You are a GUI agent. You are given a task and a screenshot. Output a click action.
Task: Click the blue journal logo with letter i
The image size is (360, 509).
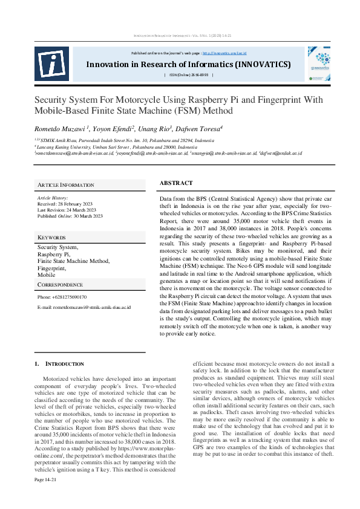click(x=51, y=63)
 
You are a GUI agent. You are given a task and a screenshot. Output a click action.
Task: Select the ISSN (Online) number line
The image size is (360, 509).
click(x=188, y=75)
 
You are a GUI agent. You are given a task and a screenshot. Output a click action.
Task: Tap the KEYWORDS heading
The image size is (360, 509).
click(x=51, y=238)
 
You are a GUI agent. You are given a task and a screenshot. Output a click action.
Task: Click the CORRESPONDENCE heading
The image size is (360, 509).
click(x=60, y=284)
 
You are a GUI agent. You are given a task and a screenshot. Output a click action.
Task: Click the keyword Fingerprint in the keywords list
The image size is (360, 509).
click(x=51, y=267)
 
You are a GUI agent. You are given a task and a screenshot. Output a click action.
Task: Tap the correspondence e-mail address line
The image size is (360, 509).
click(x=83, y=308)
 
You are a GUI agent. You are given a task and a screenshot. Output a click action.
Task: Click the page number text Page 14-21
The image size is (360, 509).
click(x=45, y=496)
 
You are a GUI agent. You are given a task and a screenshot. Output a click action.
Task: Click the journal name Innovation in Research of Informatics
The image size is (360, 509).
click(x=188, y=64)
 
